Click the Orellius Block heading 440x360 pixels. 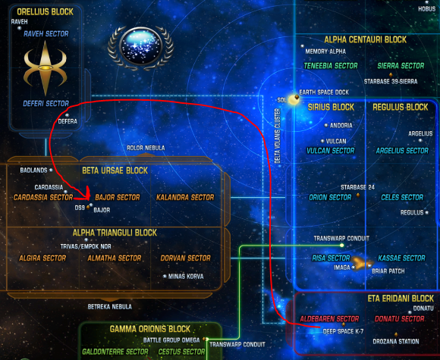tap(46, 12)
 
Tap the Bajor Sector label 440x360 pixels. tap(118, 197)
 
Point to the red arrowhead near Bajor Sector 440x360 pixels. tap(86, 194)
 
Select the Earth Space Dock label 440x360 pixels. tap(324, 92)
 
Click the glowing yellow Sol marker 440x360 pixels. tap(294, 100)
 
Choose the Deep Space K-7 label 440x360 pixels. tap(343, 331)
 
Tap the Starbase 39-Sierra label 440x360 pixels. tap(391, 82)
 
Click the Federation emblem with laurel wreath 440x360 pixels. tap(140, 48)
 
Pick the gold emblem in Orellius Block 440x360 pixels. tap(46, 68)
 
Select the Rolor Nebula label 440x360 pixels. tap(146, 148)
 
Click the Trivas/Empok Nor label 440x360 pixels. tap(86, 246)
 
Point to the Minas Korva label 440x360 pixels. tap(186, 277)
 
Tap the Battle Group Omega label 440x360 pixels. tap(171, 340)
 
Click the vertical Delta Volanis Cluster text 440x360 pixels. tap(278, 136)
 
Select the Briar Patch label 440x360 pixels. tap(388, 271)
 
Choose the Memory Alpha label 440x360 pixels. tap(325, 52)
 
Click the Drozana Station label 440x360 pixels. tap(396, 342)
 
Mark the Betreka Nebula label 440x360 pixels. tap(110, 307)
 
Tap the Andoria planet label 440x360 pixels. tap(341, 125)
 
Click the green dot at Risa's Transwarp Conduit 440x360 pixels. tap(341, 246)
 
